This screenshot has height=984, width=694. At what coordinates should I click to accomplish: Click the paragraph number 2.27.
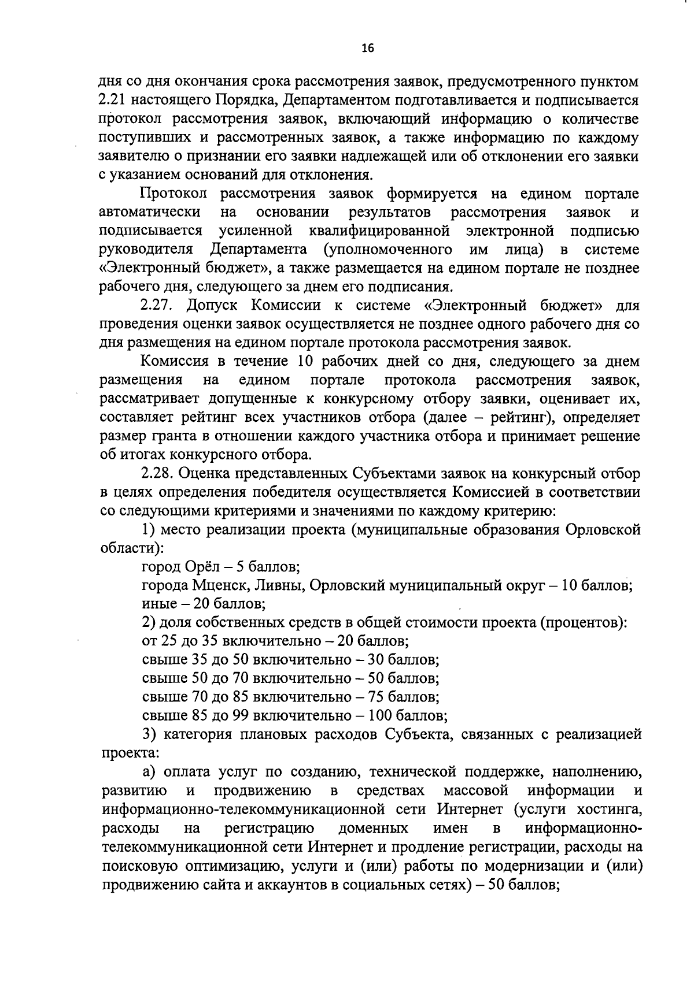(157, 306)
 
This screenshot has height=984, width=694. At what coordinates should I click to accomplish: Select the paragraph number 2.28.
(157, 473)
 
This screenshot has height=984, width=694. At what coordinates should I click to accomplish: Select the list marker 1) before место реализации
(148, 529)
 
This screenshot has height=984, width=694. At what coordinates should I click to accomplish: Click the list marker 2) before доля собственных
(148, 622)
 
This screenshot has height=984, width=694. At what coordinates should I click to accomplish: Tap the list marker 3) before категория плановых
(149, 734)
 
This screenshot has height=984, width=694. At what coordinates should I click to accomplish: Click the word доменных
(372, 828)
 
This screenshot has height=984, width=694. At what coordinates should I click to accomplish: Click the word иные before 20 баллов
(158, 604)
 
